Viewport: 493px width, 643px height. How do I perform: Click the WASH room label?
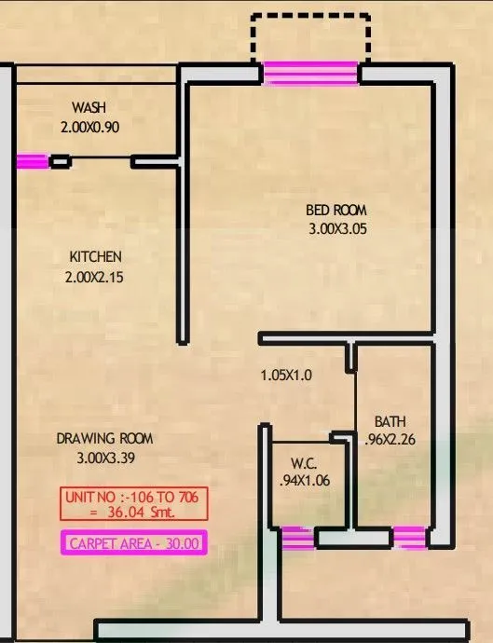pos(89,107)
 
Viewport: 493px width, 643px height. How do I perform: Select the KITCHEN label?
pos(95,256)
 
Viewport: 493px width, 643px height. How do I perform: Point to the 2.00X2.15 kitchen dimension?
pos(95,277)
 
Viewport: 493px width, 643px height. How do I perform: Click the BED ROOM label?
pos(336,211)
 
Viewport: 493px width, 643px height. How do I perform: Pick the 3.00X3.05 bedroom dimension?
pos(336,228)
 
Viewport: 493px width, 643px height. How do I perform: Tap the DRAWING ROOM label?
pos(104,438)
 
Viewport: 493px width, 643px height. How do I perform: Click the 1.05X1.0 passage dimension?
pos(286,376)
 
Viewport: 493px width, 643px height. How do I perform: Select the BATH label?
pos(390,421)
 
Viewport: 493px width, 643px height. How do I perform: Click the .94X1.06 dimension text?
pos(305,481)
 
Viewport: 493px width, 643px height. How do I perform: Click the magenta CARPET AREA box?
pos(133,544)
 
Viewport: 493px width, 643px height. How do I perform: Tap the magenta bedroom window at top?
pos(311,73)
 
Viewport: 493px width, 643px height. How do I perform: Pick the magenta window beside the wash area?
pos(32,162)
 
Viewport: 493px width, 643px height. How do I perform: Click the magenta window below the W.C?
pos(297,538)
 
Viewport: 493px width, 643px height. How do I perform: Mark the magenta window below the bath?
pos(409,538)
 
